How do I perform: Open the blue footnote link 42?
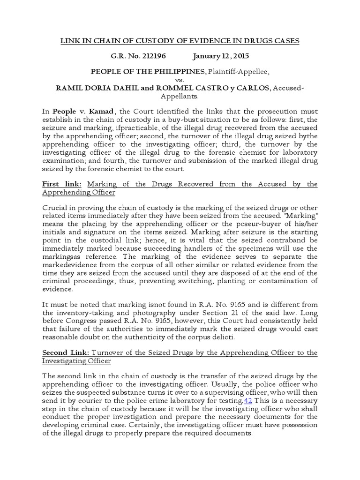click(x=248, y=402)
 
